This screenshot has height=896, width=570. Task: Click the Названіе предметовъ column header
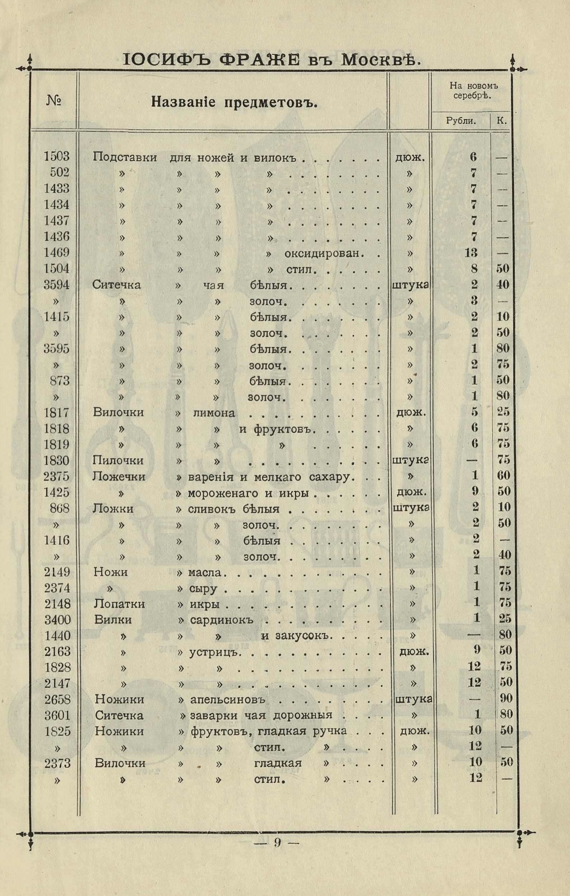(x=234, y=103)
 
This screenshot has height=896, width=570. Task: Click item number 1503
(x=57, y=156)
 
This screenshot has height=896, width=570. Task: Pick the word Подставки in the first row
(x=124, y=157)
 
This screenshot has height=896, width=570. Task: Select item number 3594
(x=57, y=285)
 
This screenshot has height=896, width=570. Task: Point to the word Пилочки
(x=118, y=461)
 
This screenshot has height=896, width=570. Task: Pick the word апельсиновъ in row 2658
(x=228, y=700)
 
